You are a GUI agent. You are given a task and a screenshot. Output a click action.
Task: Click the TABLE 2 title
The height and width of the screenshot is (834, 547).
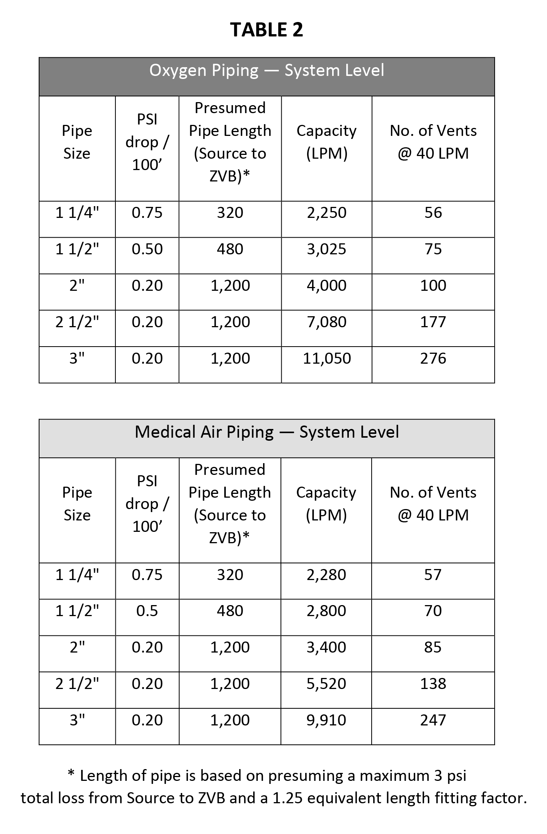pos(266,30)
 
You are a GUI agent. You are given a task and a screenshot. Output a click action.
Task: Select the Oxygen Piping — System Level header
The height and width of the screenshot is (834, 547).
pos(266,71)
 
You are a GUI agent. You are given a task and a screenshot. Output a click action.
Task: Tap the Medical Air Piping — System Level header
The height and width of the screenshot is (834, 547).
pos(266,432)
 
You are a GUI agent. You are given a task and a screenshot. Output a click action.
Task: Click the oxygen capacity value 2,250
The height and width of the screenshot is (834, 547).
pos(326,213)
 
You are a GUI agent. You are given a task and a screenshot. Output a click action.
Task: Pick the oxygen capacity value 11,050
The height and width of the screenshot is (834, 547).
pos(326,358)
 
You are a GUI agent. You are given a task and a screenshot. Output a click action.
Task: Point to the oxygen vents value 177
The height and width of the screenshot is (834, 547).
pos(433,322)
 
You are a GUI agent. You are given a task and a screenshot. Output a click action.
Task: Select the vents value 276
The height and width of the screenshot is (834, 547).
pos(433,358)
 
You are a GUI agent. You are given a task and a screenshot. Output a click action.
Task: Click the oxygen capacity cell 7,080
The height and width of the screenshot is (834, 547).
pos(326,322)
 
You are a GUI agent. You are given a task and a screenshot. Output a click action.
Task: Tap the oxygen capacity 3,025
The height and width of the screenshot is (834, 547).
pos(326,249)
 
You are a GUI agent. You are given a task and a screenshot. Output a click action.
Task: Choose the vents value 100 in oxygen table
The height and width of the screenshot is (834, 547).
pos(433,285)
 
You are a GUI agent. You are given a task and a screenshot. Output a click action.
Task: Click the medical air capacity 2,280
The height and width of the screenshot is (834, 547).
pos(326,575)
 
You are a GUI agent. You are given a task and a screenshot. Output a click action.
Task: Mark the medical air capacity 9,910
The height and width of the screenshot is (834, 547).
pos(326,720)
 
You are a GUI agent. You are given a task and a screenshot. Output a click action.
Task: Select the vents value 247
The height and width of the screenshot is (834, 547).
pos(433,720)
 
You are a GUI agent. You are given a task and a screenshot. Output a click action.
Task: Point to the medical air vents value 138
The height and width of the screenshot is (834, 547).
pos(433,684)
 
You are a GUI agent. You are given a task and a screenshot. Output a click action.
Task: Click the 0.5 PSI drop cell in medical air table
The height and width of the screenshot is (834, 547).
pos(147,611)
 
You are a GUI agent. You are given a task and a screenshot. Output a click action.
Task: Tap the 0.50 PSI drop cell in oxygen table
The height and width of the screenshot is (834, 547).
pos(147,249)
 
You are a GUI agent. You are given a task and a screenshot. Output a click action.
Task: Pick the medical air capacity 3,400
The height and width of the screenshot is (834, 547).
pos(326,647)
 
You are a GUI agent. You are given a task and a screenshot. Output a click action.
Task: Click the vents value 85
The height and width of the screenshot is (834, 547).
pos(433,647)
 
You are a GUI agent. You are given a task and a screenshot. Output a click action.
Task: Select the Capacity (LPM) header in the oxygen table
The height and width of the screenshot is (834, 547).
pos(326,142)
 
